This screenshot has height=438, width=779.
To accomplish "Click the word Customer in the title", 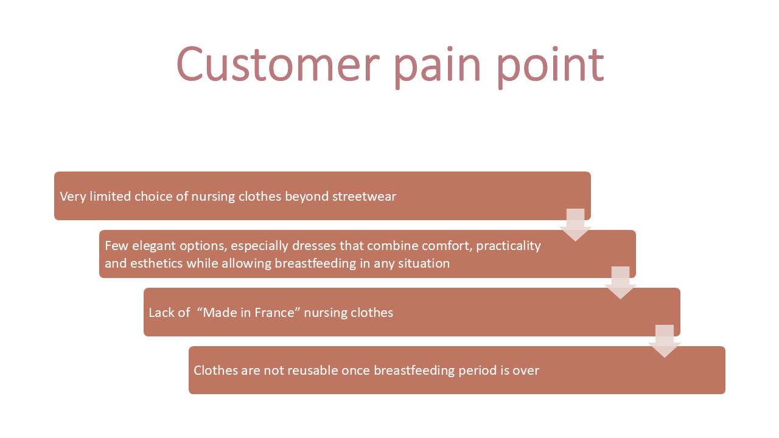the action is pyautogui.click(x=278, y=64).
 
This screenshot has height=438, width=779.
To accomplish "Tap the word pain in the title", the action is pyautogui.click(x=438, y=68).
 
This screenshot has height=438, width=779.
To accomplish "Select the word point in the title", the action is pyautogui.click(x=550, y=68).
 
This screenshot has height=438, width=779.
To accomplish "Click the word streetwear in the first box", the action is pyautogui.click(x=364, y=196).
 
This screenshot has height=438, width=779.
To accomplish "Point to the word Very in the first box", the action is pyautogui.click(x=72, y=196).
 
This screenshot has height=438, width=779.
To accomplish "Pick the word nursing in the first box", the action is pyautogui.click(x=213, y=197).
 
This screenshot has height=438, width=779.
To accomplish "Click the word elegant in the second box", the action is pyautogui.click(x=154, y=246).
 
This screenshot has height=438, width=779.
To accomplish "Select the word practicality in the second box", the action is pyautogui.click(x=508, y=246).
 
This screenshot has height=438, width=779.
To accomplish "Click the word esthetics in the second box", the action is pyautogui.click(x=156, y=263).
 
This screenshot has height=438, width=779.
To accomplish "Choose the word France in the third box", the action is pyautogui.click(x=274, y=313).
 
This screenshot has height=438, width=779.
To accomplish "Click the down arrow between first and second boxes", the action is pyautogui.click(x=576, y=225).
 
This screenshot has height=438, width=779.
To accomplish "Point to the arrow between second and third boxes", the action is pyautogui.click(x=620, y=283).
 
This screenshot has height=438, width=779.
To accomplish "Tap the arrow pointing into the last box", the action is pyautogui.click(x=665, y=341).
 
